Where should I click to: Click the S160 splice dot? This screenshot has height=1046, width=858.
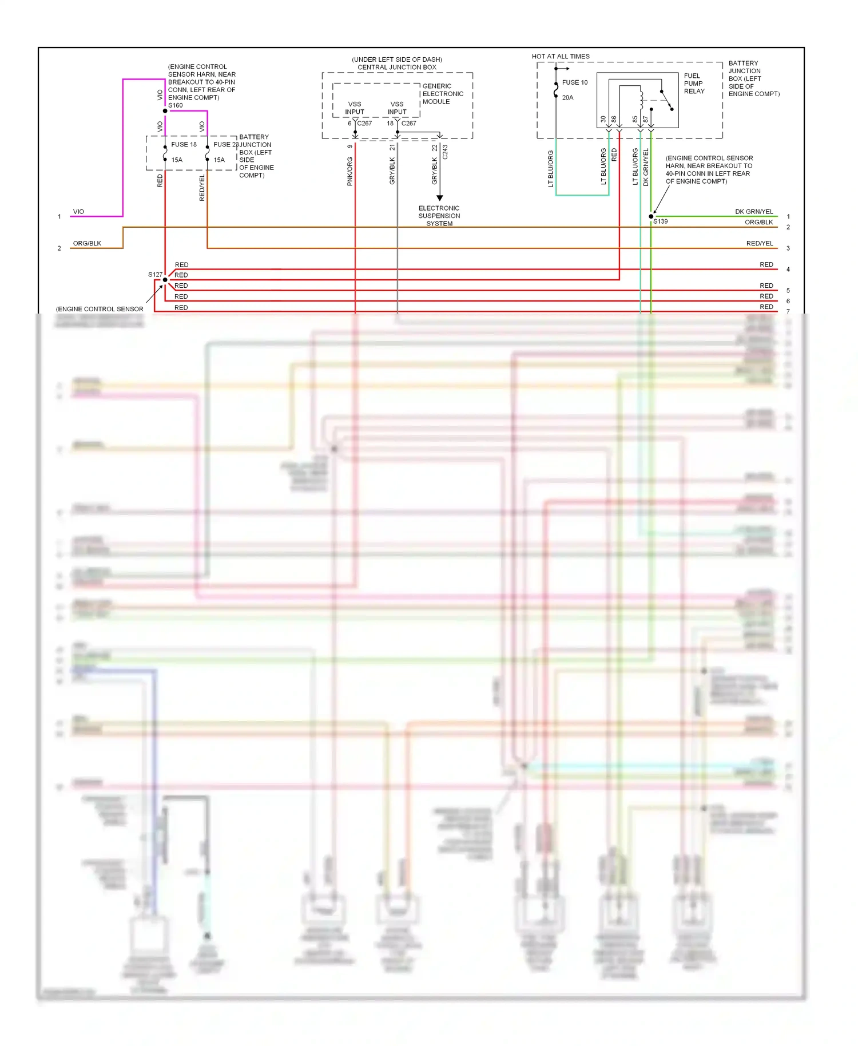click(x=165, y=111)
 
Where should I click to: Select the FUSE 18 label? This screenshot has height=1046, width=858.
click(x=184, y=145)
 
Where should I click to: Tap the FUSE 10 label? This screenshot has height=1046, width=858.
click(x=574, y=82)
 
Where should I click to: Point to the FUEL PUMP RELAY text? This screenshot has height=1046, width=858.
click(x=694, y=84)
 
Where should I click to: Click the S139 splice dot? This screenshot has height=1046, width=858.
click(x=651, y=216)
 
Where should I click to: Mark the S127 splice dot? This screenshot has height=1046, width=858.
click(x=165, y=280)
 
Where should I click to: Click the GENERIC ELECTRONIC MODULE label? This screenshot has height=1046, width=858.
click(x=443, y=94)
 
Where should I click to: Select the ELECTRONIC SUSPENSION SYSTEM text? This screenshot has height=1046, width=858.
click(x=439, y=216)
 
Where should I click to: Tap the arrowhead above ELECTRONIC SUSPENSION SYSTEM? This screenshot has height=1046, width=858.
click(x=439, y=198)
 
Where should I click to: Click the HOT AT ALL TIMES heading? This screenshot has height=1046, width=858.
click(x=561, y=57)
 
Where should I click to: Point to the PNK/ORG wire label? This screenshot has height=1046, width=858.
click(x=349, y=171)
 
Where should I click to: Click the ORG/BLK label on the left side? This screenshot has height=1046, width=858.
click(x=87, y=243)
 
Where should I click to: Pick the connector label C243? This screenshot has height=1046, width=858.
click(x=445, y=152)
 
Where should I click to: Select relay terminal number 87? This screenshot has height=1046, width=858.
click(x=645, y=120)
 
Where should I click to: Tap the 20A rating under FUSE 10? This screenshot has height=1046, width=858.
click(x=567, y=98)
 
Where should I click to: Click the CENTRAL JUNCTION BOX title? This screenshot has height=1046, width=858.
click(x=396, y=68)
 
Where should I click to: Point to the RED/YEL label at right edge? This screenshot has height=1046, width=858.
click(x=759, y=243)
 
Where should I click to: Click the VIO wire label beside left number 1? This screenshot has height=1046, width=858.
click(x=78, y=212)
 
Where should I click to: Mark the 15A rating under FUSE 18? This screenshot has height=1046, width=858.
click(x=177, y=160)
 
